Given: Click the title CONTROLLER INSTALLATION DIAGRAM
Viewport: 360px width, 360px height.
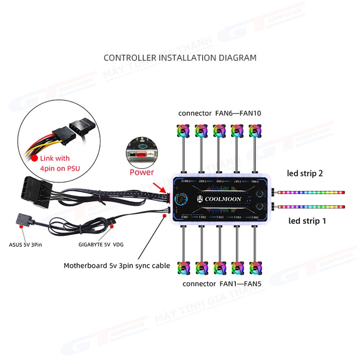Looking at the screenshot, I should pyautogui.click(x=180, y=57).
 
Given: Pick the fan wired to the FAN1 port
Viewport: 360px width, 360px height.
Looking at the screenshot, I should pyautogui.click(x=183, y=267).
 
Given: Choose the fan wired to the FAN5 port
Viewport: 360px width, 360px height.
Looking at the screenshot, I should pyautogui.click(x=255, y=267).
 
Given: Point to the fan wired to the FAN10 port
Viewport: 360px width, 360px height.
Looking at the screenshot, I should pyautogui.click(x=183, y=131).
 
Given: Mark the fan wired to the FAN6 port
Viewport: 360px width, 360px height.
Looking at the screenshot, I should pyautogui.click(x=255, y=131).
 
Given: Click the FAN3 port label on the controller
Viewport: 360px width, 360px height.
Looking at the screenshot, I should pyautogui.click(x=220, y=217).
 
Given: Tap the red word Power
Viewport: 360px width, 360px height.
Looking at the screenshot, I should pyautogui.click(x=142, y=172).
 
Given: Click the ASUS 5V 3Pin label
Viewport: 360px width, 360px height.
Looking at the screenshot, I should pyautogui.click(x=25, y=245).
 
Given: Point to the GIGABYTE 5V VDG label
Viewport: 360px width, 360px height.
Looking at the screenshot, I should pyautogui.click(x=100, y=245).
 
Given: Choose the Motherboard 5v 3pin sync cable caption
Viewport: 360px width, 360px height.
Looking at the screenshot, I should pyautogui.click(x=117, y=266).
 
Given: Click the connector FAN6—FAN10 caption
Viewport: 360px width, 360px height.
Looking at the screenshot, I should pyautogui.click(x=219, y=113).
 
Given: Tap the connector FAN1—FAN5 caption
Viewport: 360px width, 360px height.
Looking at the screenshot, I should pyautogui.click(x=222, y=283).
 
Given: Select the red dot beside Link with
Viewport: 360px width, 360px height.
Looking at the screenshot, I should pyautogui.click(x=35, y=158).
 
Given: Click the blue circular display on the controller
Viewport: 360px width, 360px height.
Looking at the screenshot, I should pyautogui.click(x=179, y=200).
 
